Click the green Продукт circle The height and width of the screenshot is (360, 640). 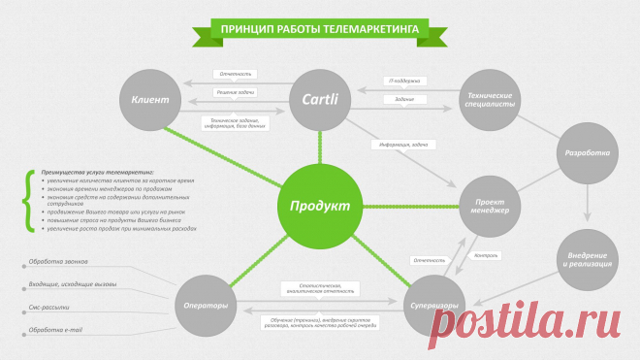click(320, 206)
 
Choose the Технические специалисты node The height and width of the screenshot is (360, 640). click(491, 100)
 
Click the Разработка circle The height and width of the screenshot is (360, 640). click(588, 153)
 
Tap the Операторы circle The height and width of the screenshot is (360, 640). click(206, 306)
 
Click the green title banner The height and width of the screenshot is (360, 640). click(320, 29)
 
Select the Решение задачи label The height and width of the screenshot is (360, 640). click(237, 92)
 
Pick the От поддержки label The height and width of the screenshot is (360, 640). click(403, 82)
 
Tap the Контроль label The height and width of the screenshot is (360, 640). click(485, 256)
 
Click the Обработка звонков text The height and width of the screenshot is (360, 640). click(56, 263)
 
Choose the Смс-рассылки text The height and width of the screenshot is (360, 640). click(49, 308)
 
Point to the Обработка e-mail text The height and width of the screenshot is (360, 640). click(55, 330)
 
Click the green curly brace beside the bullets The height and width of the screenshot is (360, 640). click(26, 202)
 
